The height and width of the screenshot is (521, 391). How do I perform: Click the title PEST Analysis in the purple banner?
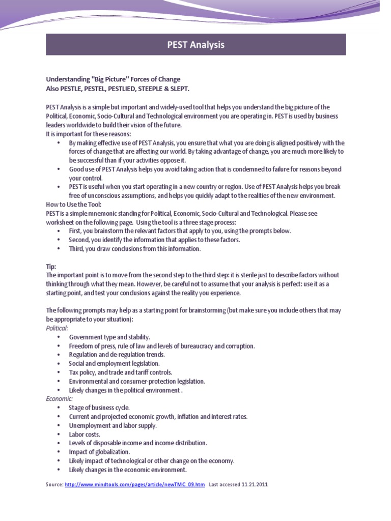coord(196,45)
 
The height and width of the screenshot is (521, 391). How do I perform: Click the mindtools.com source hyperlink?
coord(135,485)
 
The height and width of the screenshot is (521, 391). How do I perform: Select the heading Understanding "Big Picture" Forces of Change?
coord(113,79)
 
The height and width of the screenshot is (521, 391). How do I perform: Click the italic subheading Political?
coord(57,328)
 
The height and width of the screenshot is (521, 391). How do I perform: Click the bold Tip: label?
coord(51,266)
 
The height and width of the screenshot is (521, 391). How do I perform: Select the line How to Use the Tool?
coord(70,205)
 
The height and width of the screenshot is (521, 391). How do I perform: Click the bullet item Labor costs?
coord(85,434)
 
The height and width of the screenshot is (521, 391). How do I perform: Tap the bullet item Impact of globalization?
coord(99,452)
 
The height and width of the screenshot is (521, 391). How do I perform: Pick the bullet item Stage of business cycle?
coord(99,408)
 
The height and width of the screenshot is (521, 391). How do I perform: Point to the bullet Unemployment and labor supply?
coord(113,425)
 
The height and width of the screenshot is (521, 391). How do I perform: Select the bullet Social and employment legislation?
coord(114,363)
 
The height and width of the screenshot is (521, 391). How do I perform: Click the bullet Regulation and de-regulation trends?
coord(117,355)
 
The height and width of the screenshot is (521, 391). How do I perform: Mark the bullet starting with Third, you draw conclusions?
coord(135,249)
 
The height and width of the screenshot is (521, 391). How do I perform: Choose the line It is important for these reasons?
coord(88,134)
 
